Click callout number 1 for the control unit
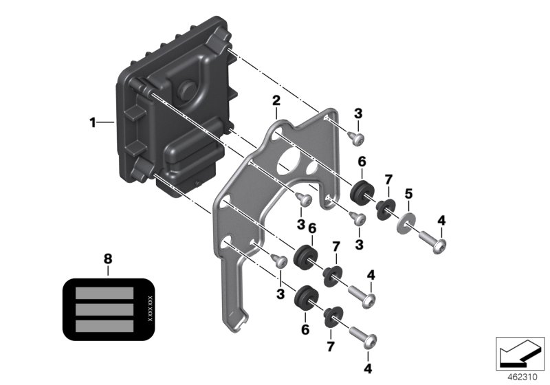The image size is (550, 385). (x=91, y=123)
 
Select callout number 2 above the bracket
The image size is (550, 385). (x=276, y=102)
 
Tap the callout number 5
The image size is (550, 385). (x=408, y=195)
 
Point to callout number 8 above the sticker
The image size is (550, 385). (x=107, y=259)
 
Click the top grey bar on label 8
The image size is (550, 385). (x=104, y=292)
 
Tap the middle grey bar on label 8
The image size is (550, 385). (x=104, y=309)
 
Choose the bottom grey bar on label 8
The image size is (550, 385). (x=104, y=325)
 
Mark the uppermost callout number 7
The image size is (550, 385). (x=388, y=180)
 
